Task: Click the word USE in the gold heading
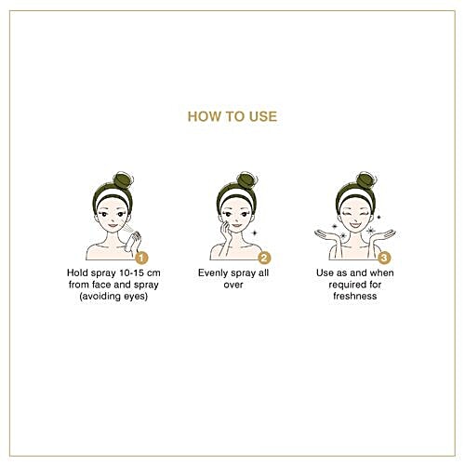[x=263, y=116]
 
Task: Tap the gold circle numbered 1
[x=141, y=258]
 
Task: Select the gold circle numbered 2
[x=264, y=258]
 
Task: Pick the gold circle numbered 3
[x=384, y=258]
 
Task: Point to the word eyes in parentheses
[x=136, y=297]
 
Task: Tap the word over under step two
[x=233, y=285]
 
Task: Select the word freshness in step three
[x=355, y=296]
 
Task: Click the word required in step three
[x=344, y=285]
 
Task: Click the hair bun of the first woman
[x=123, y=179]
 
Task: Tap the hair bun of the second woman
[x=246, y=179]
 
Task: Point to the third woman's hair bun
[x=365, y=179]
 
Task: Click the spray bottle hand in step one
[x=132, y=242]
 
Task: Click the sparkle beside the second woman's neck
[x=254, y=232]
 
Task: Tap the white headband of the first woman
[x=113, y=196]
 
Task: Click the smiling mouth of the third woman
[x=355, y=224]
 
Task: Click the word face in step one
[x=101, y=285]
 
